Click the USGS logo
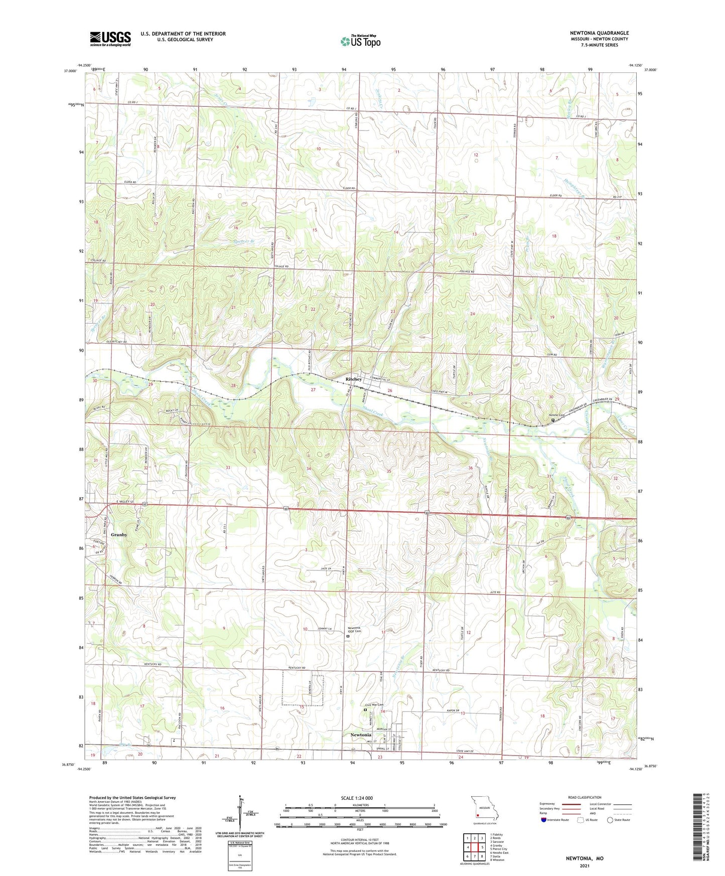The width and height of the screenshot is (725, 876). point(110,39)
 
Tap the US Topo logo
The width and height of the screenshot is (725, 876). point(360,41)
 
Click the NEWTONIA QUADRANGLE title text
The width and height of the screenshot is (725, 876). point(599,33)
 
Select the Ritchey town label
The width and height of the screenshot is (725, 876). point(354,379)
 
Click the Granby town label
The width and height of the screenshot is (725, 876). point(119,535)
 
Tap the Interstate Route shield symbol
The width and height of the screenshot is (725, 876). point(544,820)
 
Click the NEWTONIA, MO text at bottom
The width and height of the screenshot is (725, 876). point(585,858)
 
